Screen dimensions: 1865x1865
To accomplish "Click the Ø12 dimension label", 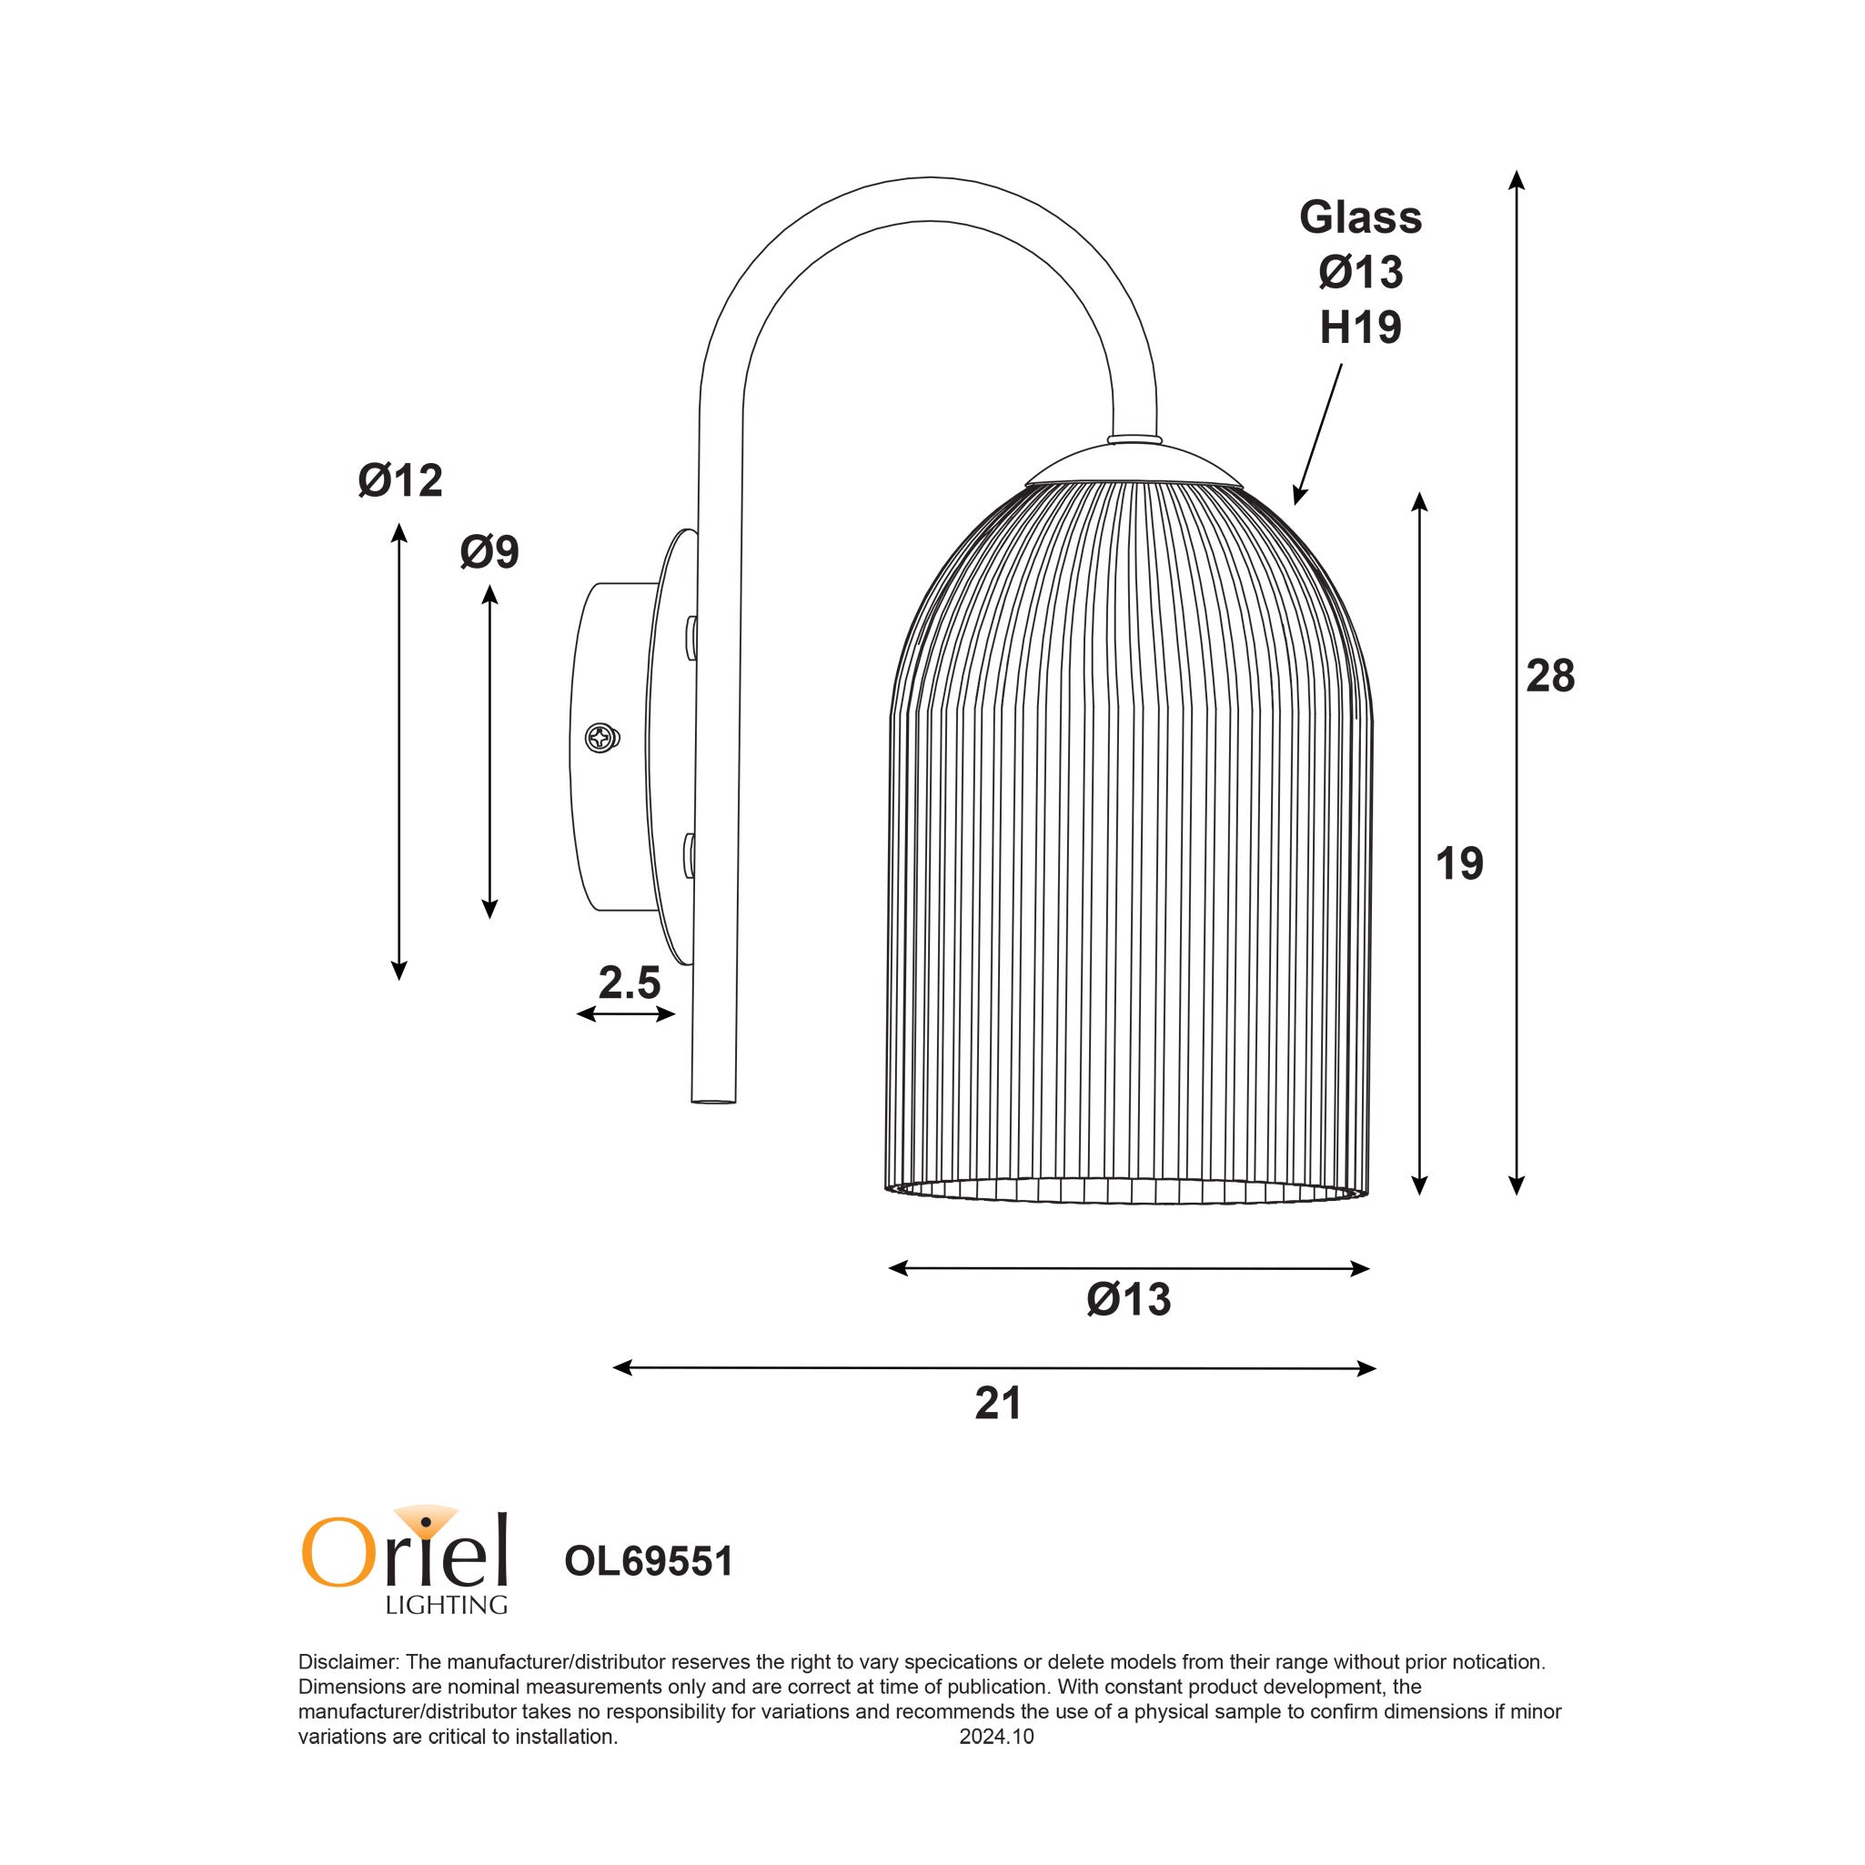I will tap(399, 479).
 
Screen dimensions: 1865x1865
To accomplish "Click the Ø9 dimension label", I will tap(489, 552).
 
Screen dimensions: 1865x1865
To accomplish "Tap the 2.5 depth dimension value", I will tap(629, 983).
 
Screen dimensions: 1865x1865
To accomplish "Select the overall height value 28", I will tap(1549, 676).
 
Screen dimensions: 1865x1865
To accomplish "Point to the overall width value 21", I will tap(997, 1404).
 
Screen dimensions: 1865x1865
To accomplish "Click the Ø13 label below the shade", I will tap(1127, 1299).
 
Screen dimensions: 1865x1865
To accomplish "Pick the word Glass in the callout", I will tap(1359, 217).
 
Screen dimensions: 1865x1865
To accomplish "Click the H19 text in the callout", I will tap(1359, 328).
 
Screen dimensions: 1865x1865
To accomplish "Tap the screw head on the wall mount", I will tap(601, 739).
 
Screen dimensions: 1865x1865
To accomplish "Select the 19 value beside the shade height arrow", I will tap(1457, 863).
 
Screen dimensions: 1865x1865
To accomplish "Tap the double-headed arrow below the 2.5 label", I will tap(626, 1013).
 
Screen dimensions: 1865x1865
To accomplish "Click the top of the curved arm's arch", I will tap(929, 199).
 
